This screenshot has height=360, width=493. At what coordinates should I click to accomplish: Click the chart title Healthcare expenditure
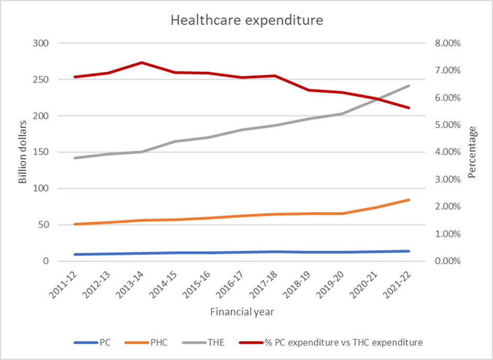tap(246, 21)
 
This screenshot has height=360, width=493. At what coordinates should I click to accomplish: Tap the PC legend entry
tap(105, 343)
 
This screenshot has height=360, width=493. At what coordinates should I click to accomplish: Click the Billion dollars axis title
tap(23, 152)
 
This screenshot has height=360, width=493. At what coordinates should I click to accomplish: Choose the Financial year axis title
tap(242, 312)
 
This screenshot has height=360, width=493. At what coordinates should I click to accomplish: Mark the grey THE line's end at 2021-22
tap(409, 85)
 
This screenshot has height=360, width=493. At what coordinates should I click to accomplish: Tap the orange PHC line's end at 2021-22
tap(409, 200)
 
